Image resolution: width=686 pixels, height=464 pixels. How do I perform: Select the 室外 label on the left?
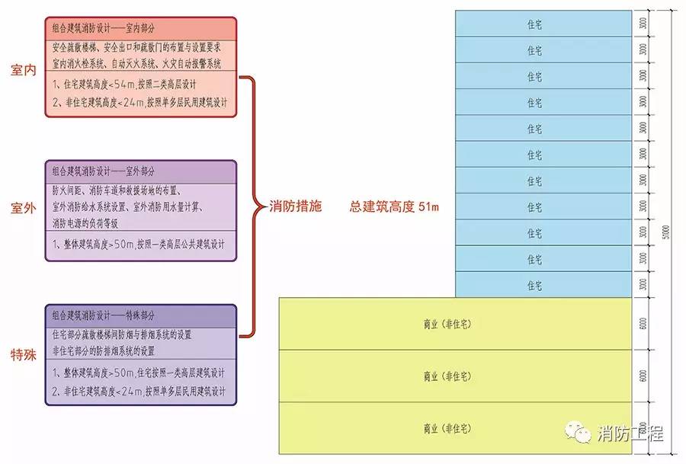pos(24,208)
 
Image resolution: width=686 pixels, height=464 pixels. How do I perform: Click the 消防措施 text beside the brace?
pos(296,206)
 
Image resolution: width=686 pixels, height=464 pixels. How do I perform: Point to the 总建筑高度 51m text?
pos(396,206)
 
